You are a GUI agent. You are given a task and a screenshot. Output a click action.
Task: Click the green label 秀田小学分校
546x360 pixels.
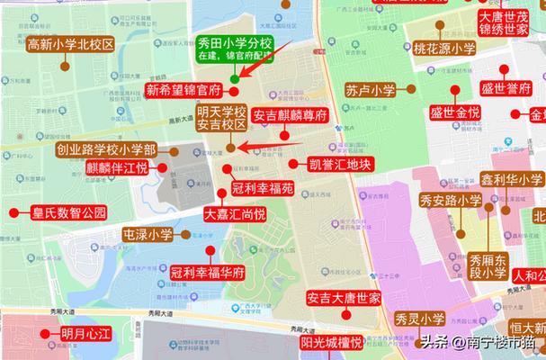234,41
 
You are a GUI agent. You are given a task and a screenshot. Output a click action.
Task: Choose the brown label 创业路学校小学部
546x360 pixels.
105,149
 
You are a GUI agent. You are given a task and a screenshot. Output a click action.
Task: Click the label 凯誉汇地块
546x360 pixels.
339,165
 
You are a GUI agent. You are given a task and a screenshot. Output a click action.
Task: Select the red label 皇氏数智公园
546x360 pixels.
68,213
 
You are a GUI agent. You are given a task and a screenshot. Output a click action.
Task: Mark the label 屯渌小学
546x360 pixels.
148,235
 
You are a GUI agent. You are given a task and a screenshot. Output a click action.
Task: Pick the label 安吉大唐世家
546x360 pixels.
343,298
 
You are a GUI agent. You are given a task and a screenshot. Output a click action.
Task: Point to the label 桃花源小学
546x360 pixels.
444,49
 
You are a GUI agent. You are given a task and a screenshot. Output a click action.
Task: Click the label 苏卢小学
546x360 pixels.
370,90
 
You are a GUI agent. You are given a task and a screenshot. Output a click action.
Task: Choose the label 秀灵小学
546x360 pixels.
418,319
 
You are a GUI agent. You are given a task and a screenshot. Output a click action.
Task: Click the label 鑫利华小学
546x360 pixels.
512,179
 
